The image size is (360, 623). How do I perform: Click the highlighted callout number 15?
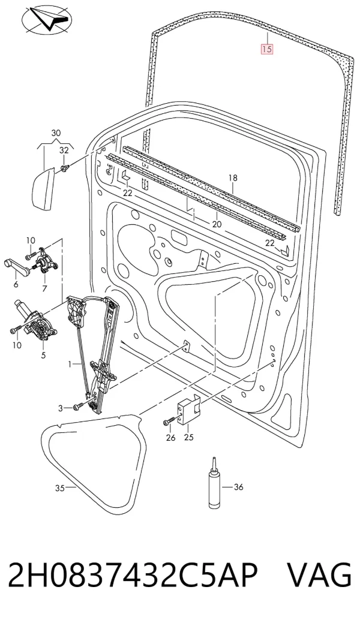tap(266, 49)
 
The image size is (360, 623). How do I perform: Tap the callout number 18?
tap(233, 178)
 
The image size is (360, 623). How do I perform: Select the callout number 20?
tap(217, 224)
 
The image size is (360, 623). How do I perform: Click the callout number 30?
tap(56, 133)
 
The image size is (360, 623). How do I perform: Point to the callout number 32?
tap(64, 150)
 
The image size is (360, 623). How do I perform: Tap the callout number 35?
tap(59, 488)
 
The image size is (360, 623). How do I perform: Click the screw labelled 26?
tap(169, 422)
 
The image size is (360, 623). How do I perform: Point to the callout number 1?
tap(70, 364)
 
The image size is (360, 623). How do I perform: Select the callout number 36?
tap(238, 487)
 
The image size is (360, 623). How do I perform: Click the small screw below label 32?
tap(64, 168)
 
